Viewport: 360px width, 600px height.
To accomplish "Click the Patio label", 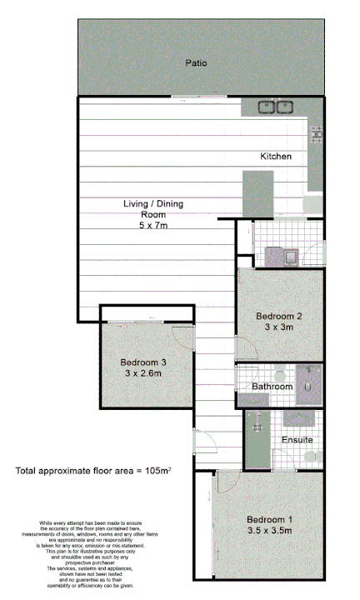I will (x=196, y=62).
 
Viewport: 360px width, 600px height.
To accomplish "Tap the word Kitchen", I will (x=275, y=157).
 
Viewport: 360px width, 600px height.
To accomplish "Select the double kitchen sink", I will (x=277, y=107).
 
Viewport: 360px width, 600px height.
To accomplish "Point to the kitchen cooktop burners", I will (x=316, y=133).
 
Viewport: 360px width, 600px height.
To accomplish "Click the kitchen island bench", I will (x=257, y=194).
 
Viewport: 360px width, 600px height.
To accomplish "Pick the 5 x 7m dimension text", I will (x=153, y=225).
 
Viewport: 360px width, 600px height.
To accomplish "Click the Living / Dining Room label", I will (x=153, y=208).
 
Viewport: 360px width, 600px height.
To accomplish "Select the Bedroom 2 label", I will (x=277, y=316).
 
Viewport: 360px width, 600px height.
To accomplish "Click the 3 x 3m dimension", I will (x=277, y=327).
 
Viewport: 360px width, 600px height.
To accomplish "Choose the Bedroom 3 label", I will (x=143, y=362).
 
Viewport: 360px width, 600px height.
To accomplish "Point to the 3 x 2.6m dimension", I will (x=143, y=374).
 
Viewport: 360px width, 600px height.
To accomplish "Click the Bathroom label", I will (x=272, y=387).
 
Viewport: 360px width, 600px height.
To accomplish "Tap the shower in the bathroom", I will (x=310, y=381).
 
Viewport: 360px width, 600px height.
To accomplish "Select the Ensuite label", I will (x=297, y=439).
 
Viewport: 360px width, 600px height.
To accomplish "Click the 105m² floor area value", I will (x=156, y=472).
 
